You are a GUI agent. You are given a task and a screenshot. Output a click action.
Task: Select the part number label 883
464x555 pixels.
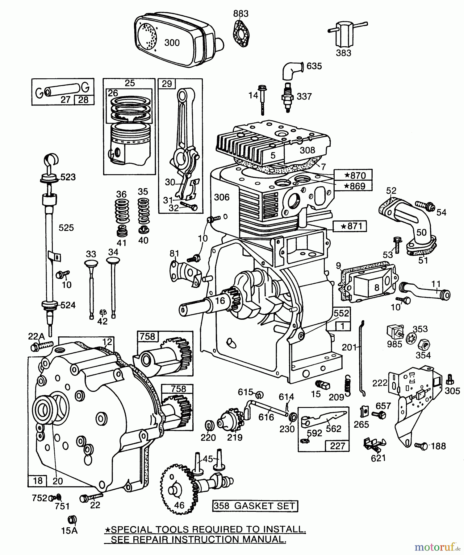pos(241,14)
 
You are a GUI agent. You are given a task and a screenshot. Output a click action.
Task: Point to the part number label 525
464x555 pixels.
pos(66,228)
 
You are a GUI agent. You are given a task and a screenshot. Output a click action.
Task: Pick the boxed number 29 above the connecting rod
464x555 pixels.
pos(167,84)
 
